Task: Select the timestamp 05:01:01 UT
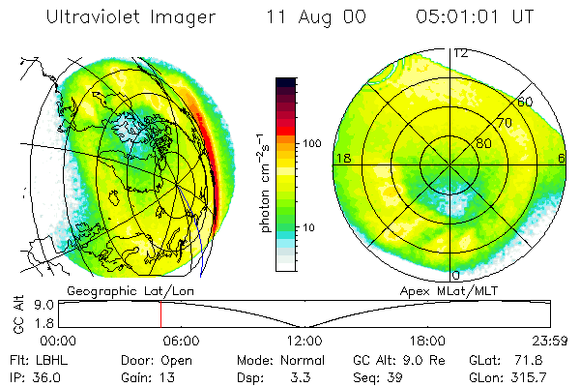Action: pyautogui.click(x=476, y=17)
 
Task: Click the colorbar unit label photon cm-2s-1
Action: pyautogui.click(x=265, y=184)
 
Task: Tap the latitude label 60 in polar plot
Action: pyautogui.click(x=526, y=101)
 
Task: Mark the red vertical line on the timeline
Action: pyautogui.click(x=160, y=313)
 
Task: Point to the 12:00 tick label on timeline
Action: pyautogui.click(x=304, y=341)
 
